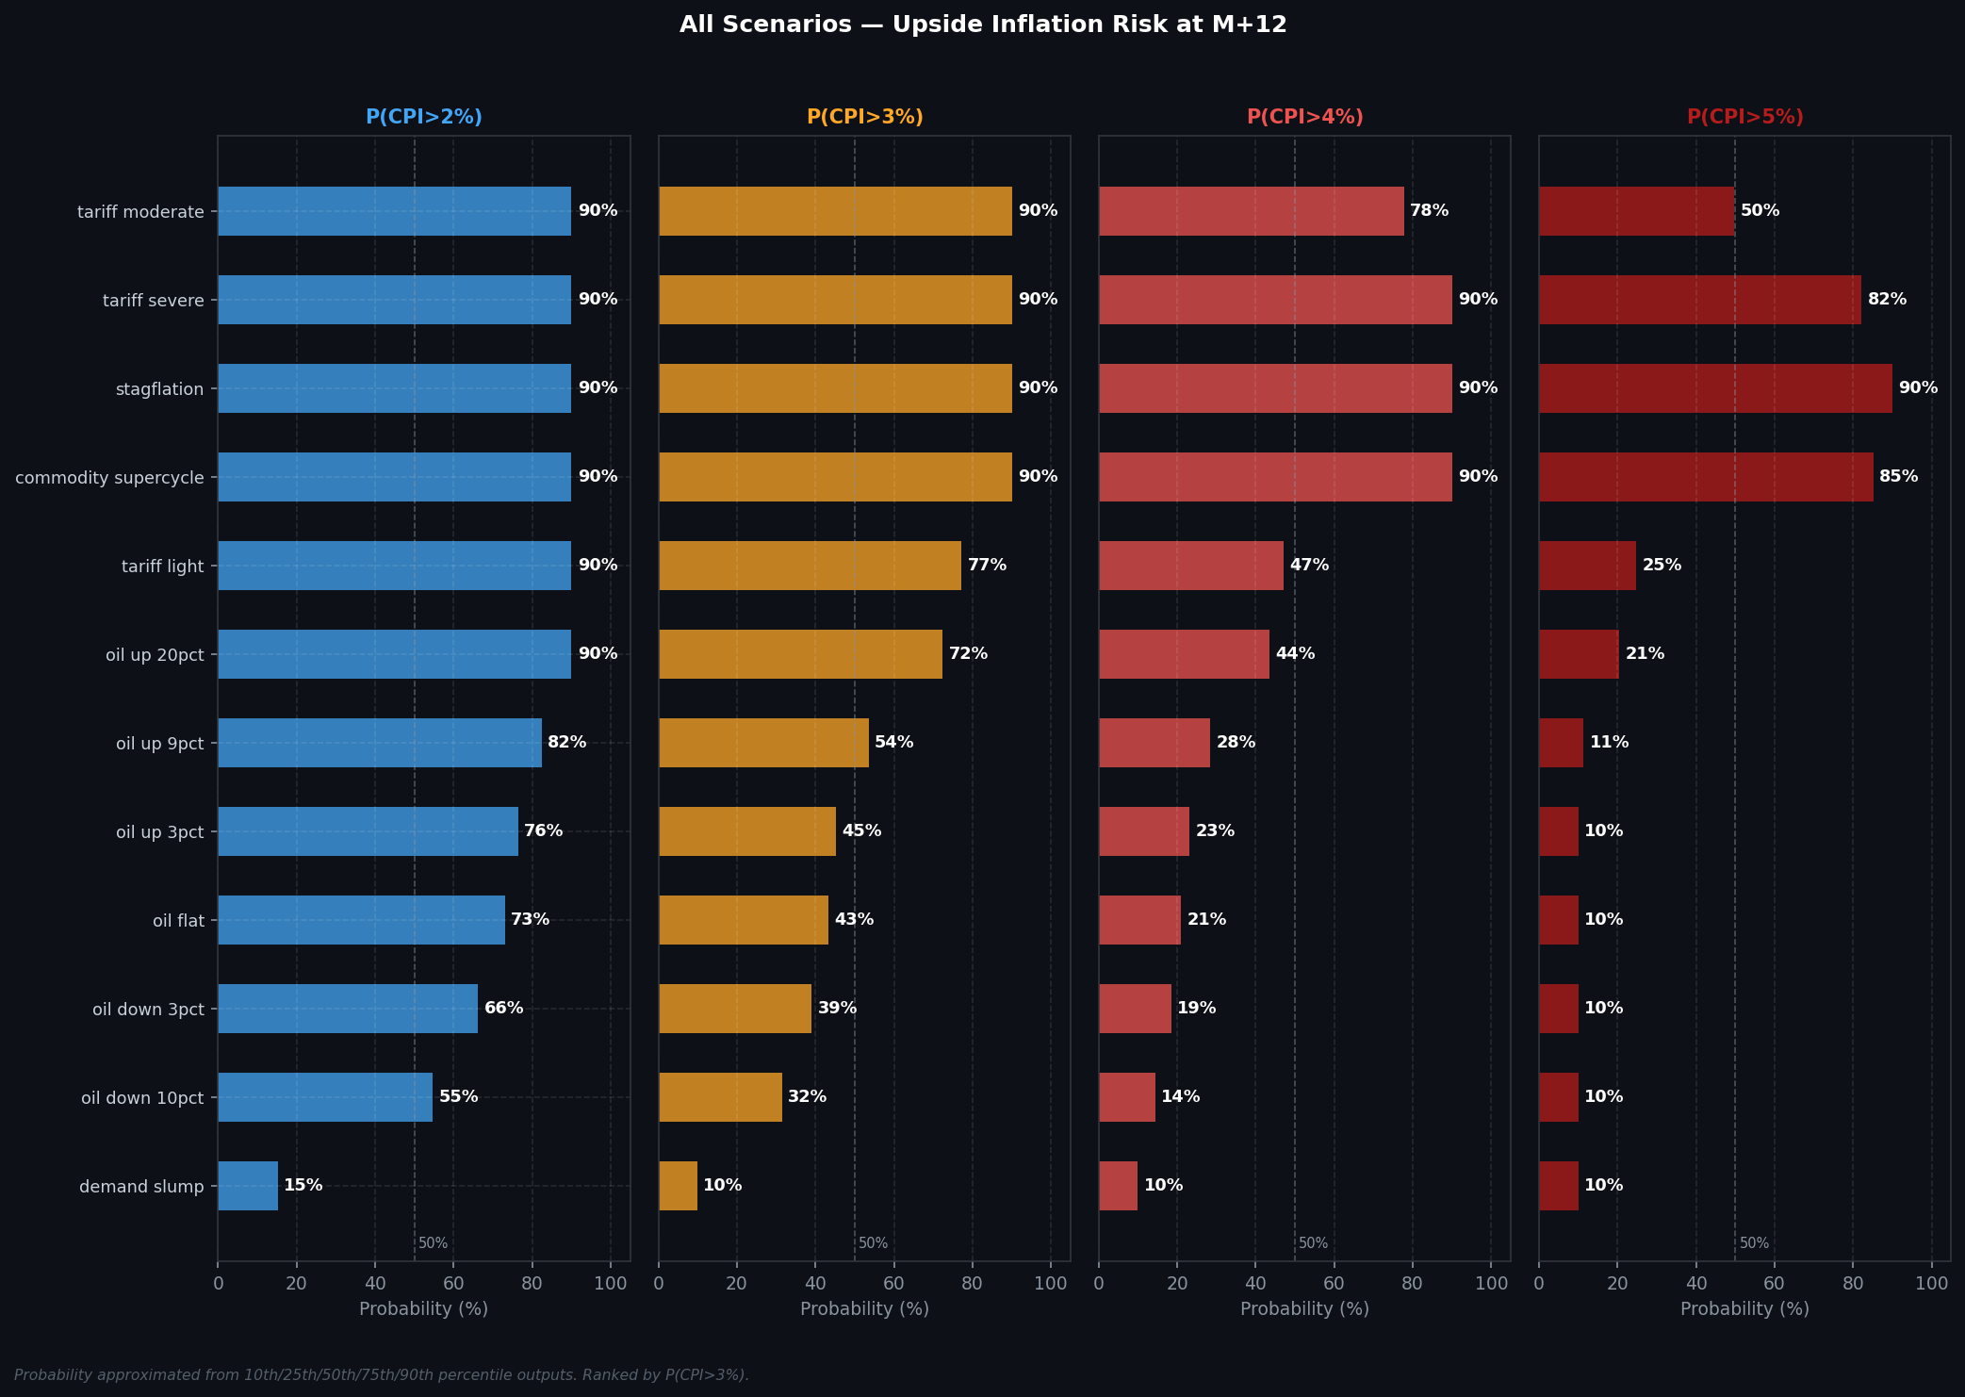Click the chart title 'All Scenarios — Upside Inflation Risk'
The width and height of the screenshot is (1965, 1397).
click(x=982, y=25)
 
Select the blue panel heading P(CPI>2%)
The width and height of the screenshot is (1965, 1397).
click(x=423, y=118)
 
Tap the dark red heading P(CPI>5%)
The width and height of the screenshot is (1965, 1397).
click(x=1744, y=118)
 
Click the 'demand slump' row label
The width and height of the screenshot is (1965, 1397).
click(x=141, y=1187)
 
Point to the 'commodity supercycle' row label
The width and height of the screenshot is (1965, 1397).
click(x=109, y=478)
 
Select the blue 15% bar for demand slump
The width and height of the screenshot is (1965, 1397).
click(x=248, y=1186)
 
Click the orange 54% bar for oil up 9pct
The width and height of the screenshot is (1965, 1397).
click(x=763, y=743)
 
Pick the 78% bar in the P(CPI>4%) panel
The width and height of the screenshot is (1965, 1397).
click(x=1251, y=211)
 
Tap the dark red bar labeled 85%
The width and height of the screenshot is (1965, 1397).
click(x=1706, y=477)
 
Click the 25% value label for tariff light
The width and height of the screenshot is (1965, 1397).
click(x=1662, y=566)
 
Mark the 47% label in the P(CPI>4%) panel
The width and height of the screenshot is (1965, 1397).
click(x=1309, y=566)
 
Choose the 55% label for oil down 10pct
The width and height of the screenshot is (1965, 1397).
click(x=458, y=1097)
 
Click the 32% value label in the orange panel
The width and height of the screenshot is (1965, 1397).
click(x=807, y=1097)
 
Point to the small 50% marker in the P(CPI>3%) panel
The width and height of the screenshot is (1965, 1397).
click(x=873, y=1243)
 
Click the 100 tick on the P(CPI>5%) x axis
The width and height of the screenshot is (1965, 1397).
click(x=1932, y=1283)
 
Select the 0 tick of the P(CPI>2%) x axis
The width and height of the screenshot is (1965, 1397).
click(x=219, y=1283)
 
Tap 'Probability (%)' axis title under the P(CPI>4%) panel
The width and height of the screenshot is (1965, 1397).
click(x=1304, y=1309)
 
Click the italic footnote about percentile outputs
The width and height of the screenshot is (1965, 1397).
click(x=382, y=1375)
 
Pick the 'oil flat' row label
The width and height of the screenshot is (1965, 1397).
click(x=178, y=921)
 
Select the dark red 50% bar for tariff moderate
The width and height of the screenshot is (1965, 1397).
click(x=1636, y=211)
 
